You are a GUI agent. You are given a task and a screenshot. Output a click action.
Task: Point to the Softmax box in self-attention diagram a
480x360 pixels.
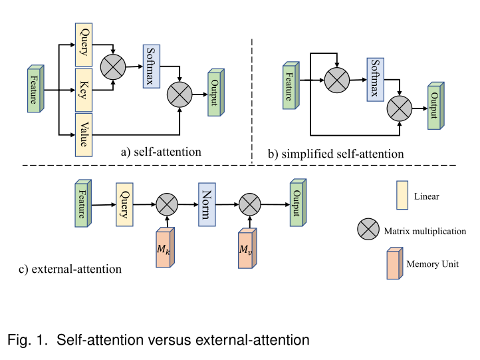152,67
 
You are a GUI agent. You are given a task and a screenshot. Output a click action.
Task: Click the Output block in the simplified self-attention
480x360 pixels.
435,106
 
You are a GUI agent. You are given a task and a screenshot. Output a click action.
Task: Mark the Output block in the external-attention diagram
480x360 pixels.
297,202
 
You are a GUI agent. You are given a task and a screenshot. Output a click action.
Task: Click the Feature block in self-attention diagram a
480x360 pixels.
35,89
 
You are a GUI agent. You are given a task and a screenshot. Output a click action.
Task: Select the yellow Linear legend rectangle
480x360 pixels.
402,195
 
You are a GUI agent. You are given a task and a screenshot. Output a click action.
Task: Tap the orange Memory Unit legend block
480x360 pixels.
393,264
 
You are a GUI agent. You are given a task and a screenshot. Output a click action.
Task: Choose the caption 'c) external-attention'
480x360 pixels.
70,270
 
